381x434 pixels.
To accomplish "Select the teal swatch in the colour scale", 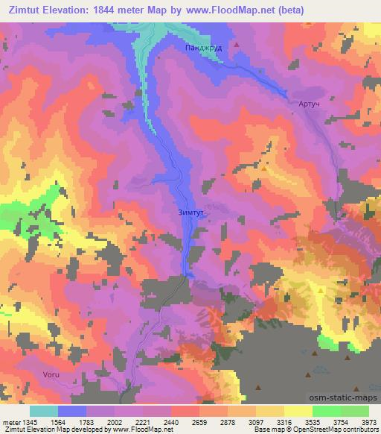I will (x=44, y=412).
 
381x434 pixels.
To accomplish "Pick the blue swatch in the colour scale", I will (x=72, y=412).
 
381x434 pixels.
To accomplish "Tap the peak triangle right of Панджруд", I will (x=237, y=44).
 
